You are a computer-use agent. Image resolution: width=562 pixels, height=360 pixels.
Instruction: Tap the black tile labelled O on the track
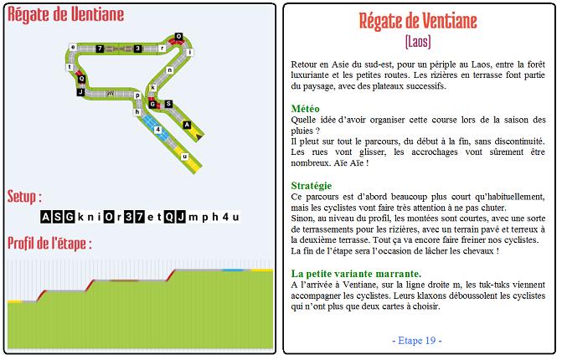coord(178,36)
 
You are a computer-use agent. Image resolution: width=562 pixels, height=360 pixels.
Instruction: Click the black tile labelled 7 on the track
coord(100,49)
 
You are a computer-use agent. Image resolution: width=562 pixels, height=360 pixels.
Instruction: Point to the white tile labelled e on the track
coord(73,47)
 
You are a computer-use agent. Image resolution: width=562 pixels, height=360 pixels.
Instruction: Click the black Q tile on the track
coord(81,79)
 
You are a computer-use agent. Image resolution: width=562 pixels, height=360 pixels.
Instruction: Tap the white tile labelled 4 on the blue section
coord(158,130)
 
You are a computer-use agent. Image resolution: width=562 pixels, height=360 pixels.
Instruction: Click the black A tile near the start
coord(188,125)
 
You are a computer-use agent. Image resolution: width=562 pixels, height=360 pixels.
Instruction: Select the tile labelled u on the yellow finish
coord(184,156)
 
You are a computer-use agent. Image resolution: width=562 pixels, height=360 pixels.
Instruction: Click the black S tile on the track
coord(168,104)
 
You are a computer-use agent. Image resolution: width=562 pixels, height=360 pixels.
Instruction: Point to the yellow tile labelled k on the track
coord(153,86)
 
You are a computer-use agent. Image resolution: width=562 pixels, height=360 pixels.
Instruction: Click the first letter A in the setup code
coord(46,217)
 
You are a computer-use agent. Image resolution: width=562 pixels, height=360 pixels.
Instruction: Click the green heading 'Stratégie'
coord(312,185)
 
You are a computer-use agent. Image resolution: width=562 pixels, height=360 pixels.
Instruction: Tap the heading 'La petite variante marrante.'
coord(356,274)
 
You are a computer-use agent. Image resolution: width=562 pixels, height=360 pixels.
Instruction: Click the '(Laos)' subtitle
coord(417,40)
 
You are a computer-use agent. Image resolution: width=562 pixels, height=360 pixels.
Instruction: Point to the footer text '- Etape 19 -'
coord(417,341)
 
